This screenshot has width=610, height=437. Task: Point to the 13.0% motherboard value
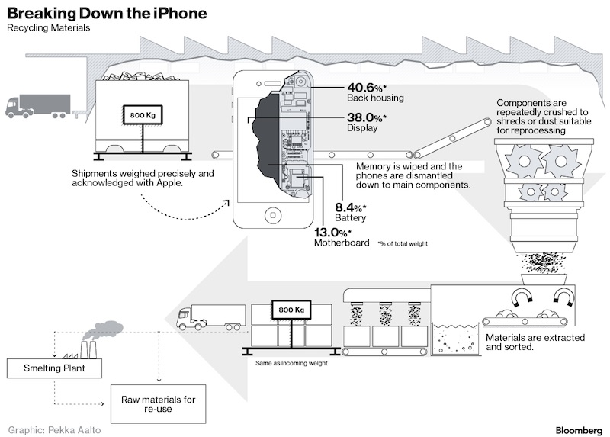click(x=332, y=233)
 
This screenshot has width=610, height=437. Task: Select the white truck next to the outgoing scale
click(x=210, y=316)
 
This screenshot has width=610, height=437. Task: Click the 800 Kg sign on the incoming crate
click(x=143, y=115)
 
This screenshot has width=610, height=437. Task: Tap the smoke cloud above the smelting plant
click(x=108, y=329)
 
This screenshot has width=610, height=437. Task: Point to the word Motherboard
click(x=342, y=243)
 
